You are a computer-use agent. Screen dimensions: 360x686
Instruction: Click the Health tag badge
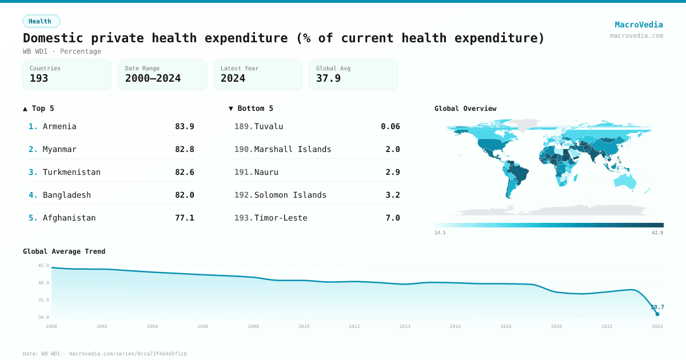pyautogui.click(x=41, y=21)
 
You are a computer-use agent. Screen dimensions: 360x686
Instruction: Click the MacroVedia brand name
pyautogui.click(x=639, y=25)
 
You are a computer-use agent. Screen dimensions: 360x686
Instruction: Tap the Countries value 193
pyautogui.click(x=39, y=79)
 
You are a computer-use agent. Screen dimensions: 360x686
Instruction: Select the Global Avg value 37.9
pyautogui.click(x=328, y=79)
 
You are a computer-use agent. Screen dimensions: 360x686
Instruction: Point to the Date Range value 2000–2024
pyautogui.click(x=153, y=79)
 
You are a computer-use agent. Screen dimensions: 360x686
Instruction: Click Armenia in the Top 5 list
pyautogui.click(x=59, y=126)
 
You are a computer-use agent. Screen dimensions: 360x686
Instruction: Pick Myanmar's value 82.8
pyautogui.click(x=184, y=149)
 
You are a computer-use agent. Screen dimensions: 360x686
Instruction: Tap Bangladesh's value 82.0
pyautogui.click(x=184, y=195)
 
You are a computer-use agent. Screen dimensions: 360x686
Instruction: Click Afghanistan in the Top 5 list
pyautogui.click(x=69, y=218)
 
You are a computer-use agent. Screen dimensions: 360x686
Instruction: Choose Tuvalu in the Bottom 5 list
pyautogui.click(x=269, y=126)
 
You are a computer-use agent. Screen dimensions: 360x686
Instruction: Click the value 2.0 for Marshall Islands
pyautogui.click(x=393, y=149)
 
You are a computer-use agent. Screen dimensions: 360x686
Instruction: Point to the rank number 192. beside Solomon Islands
pyautogui.click(x=244, y=195)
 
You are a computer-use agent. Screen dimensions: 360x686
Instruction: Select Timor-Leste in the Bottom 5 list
pyautogui.click(x=281, y=218)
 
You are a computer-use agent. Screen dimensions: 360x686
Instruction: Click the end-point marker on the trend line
pyautogui.click(x=657, y=314)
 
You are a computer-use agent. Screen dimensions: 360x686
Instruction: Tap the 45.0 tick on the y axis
pyautogui.click(x=43, y=266)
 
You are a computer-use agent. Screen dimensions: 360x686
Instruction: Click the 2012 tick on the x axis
pyautogui.click(x=354, y=326)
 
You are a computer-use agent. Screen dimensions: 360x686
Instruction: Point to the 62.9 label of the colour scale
pyautogui.click(x=657, y=233)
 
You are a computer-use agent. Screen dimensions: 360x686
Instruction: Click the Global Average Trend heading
pyautogui.click(x=64, y=251)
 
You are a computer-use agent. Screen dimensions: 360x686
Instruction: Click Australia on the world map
pyautogui.click(x=625, y=180)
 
